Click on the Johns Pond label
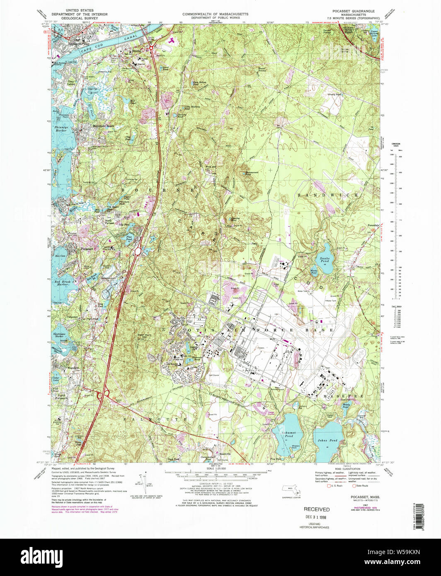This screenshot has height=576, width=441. point(327,440)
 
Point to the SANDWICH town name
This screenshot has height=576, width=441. point(327,194)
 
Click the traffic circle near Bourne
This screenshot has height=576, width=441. point(151,48)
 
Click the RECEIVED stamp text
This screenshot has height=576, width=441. point(317,509)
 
